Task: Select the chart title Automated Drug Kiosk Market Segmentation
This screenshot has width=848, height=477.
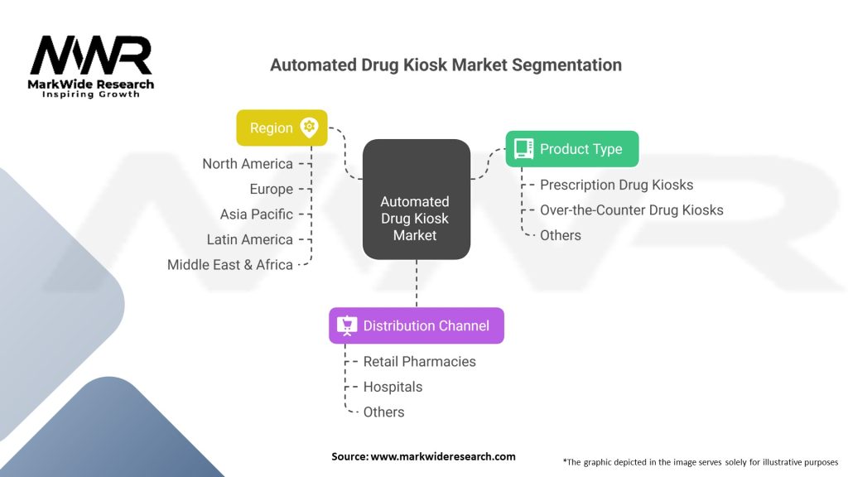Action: click(x=446, y=65)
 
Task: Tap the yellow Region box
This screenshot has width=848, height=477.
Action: click(x=282, y=128)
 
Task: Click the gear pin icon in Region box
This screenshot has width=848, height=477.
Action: click(x=309, y=128)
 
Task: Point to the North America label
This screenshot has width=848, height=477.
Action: click(x=248, y=164)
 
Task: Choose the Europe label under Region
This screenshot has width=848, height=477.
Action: click(x=271, y=189)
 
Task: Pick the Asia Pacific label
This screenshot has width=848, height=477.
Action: click(x=257, y=214)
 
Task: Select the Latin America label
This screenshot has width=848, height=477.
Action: click(x=250, y=239)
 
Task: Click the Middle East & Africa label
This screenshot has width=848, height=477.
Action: click(x=230, y=265)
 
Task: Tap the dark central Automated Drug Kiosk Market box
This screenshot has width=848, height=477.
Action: click(x=416, y=199)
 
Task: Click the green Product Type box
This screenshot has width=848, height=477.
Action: click(x=571, y=149)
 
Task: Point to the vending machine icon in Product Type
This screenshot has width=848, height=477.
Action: click(x=523, y=149)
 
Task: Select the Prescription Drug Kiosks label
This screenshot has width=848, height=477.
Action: click(x=616, y=185)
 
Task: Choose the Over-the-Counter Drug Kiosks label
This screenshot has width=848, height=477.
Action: click(x=631, y=210)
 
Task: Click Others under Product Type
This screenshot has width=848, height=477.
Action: click(x=561, y=235)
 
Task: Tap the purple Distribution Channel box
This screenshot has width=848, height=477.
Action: click(x=416, y=325)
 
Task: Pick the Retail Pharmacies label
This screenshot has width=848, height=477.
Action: click(x=419, y=361)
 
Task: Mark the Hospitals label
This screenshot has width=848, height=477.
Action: click(x=393, y=387)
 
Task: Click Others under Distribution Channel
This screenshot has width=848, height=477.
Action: click(x=384, y=412)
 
